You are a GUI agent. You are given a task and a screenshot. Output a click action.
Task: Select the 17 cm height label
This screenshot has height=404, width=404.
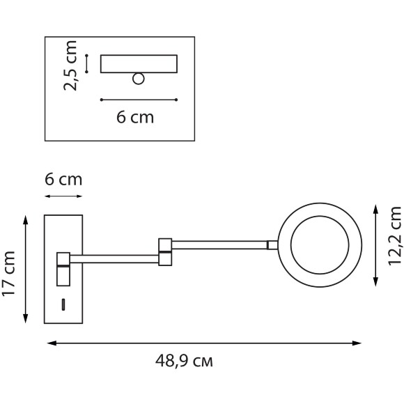click(x=9, y=274)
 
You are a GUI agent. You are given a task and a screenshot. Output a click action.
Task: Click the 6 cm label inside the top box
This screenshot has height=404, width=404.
click(x=134, y=117)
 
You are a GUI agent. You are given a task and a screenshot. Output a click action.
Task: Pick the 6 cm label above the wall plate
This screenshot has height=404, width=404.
click(x=63, y=180)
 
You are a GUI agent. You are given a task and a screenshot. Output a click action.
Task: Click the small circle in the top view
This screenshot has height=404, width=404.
click(x=139, y=79)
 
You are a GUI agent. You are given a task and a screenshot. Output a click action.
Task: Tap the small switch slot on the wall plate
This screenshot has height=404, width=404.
click(x=64, y=304)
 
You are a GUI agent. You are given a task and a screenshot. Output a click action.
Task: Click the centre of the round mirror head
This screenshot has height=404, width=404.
click(x=319, y=244)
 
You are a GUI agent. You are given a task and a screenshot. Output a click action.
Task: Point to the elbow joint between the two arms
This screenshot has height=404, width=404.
click(x=165, y=252)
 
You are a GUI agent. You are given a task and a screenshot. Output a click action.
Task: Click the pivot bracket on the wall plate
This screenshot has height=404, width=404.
click(x=63, y=268)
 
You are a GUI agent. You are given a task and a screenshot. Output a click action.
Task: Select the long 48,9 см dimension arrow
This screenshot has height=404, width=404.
click(x=205, y=343)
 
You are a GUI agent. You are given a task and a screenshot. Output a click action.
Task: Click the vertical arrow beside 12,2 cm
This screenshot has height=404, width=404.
click(x=376, y=244)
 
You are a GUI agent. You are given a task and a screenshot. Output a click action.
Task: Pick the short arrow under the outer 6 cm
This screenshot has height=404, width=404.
click(x=63, y=197)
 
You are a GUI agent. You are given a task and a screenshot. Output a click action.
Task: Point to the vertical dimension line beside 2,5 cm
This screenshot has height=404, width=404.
click(x=86, y=63)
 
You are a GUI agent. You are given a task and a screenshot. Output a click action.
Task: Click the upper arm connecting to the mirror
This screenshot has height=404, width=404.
click(x=219, y=244)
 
